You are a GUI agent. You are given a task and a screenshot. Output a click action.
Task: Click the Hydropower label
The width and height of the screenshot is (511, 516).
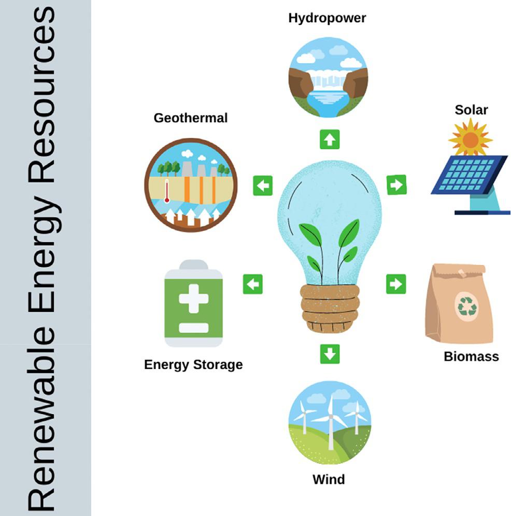tap(327, 18)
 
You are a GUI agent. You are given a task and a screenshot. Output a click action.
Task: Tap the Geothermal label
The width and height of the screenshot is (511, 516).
tap(190, 118)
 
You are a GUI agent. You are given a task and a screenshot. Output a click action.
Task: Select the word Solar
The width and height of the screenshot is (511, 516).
tap(471, 110)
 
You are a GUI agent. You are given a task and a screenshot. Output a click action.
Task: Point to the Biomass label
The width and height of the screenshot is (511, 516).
tap(471, 356)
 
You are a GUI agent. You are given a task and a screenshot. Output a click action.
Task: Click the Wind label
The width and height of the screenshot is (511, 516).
tap(328, 479)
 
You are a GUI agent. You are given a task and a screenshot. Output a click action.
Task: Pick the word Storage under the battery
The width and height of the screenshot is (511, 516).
tap(218, 365)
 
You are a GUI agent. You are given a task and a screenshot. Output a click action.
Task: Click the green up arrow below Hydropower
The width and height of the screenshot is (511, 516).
tap(330, 139)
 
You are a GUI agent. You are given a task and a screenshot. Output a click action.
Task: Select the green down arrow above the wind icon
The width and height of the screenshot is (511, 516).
tap(330, 354)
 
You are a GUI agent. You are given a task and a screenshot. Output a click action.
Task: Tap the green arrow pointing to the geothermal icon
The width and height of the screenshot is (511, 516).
tap(263, 185)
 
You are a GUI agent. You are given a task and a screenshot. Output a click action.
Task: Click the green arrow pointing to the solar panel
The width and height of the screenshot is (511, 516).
tap(396, 185)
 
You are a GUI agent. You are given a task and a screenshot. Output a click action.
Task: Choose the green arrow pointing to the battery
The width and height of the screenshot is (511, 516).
tap(253, 284)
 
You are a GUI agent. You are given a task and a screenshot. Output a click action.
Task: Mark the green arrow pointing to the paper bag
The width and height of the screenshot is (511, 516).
tap(396, 284)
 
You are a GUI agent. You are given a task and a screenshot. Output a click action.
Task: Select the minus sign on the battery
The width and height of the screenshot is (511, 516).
tap(193, 328)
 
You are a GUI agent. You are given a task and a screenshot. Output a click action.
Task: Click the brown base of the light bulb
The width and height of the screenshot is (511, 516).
tap(330, 308)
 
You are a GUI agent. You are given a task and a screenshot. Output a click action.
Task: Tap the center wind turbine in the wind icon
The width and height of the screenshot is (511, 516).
tap(330, 419)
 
